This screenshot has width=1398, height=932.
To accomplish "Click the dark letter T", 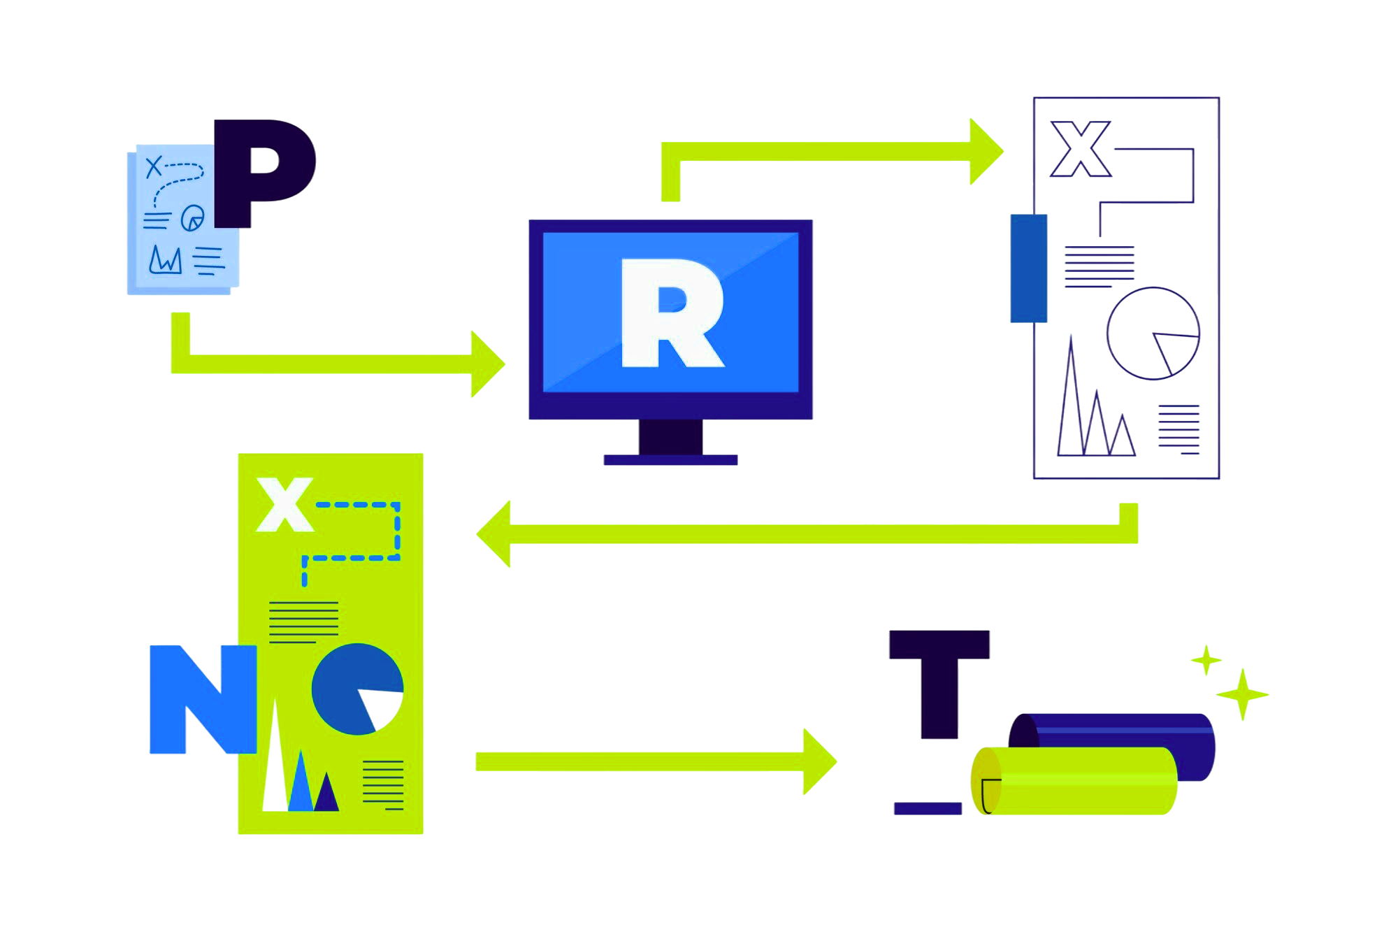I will tap(939, 682).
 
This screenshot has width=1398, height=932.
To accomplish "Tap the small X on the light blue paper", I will tap(153, 167).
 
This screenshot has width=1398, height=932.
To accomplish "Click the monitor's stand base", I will tap(670, 459).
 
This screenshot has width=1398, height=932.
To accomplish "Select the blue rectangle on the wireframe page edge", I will tap(1028, 268).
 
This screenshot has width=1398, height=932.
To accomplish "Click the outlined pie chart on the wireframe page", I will tap(1153, 334).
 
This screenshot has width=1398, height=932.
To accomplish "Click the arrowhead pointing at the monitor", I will tap(488, 364).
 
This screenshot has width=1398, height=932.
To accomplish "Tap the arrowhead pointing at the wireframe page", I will tap(986, 152).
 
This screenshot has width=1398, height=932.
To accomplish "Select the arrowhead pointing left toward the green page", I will tap(494, 534).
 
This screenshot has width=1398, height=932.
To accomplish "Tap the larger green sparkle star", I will tap(1242, 694).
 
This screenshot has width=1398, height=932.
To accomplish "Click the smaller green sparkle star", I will tap(1206, 660).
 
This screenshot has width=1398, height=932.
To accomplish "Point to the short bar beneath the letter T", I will tap(928, 808).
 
